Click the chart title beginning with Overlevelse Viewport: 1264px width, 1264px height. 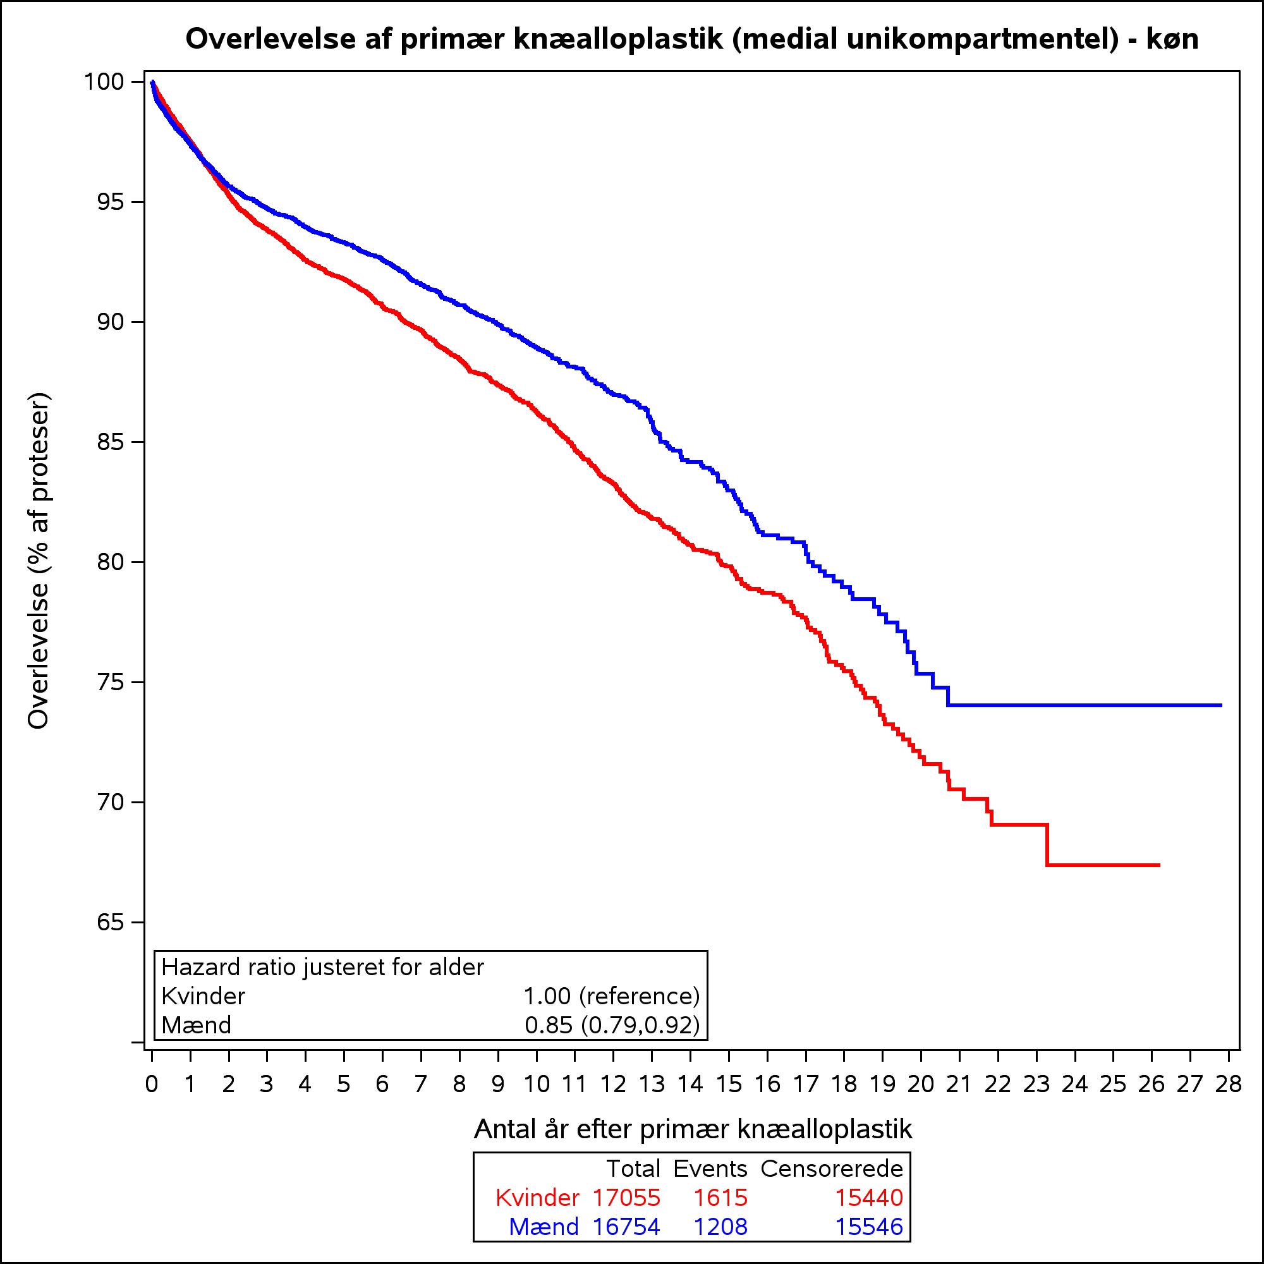click(692, 39)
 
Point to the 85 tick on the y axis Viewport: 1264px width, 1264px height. click(137, 442)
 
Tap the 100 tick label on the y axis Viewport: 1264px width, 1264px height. click(105, 82)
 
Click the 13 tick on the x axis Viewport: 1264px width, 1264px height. click(652, 1054)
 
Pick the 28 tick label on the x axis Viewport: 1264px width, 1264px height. click(1228, 1085)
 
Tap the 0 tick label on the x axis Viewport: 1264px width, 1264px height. click(152, 1085)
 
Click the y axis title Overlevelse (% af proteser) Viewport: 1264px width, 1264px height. click(39, 560)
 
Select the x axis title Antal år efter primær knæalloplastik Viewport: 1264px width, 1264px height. click(692, 1130)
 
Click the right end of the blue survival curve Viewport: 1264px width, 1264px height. click(1221, 705)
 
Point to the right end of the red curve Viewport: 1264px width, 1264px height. click(1158, 865)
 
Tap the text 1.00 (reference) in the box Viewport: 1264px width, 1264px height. click(612, 996)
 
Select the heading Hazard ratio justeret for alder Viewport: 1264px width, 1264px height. click(322, 967)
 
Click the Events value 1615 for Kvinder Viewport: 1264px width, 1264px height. click(720, 1198)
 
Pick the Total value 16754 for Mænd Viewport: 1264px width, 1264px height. click(626, 1227)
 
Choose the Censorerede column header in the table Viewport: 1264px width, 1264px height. click(832, 1169)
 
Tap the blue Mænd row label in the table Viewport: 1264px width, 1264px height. click(544, 1227)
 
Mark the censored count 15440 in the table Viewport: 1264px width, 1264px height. click(869, 1198)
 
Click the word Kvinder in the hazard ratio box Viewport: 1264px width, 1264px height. click(203, 996)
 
